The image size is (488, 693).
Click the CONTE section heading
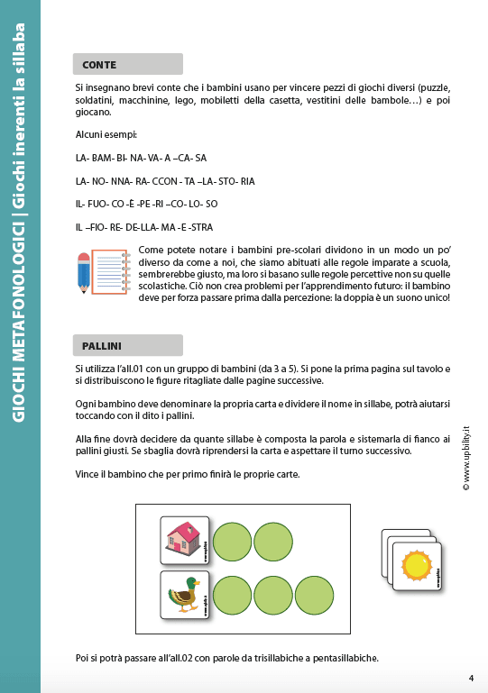click(x=99, y=64)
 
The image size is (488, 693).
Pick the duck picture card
click(x=186, y=595)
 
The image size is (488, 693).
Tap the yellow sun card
click(x=417, y=565)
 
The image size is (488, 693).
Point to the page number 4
click(x=471, y=678)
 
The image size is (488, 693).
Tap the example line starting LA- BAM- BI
click(x=142, y=158)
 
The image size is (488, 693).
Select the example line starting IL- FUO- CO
click(x=146, y=204)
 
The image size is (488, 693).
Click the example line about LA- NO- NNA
click(x=165, y=181)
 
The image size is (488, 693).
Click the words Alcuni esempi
click(x=106, y=134)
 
